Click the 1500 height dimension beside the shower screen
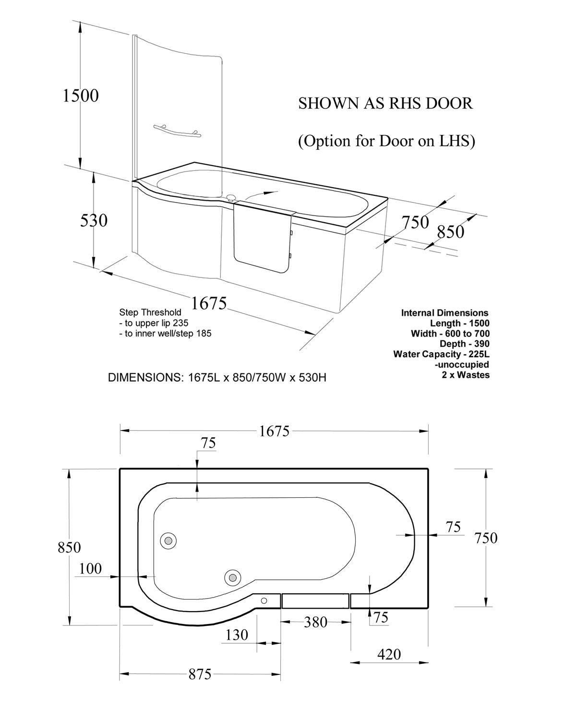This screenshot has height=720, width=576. [x=81, y=96]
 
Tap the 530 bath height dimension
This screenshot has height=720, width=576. [x=94, y=221]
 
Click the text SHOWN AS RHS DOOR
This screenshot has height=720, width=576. [x=385, y=103]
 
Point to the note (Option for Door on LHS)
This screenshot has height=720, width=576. [x=386, y=142]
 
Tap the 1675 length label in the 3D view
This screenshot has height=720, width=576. [x=209, y=303]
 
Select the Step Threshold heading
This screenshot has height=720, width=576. [x=150, y=312]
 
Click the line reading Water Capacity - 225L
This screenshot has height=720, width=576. [x=441, y=354]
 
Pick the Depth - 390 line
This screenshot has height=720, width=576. [x=464, y=344]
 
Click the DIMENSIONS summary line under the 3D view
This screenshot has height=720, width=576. [x=217, y=377]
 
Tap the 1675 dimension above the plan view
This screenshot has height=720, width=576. [x=274, y=431]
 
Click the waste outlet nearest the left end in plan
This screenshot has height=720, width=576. [x=168, y=540]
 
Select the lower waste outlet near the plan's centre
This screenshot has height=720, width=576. [x=233, y=577]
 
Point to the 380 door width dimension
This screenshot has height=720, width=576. [x=315, y=623]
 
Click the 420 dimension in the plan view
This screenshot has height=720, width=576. [x=389, y=654]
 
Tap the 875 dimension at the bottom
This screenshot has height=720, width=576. [x=200, y=674]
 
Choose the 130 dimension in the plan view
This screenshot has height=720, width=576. [x=237, y=635]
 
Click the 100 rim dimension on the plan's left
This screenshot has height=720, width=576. [x=90, y=569]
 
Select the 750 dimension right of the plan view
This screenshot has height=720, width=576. [x=486, y=538]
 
